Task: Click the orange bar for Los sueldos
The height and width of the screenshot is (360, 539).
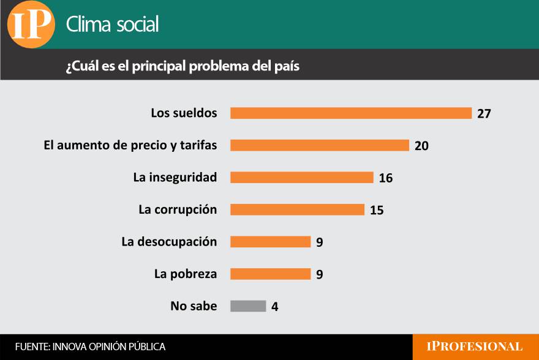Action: point(350,113)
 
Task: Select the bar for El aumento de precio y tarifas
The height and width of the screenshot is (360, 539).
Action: point(319,145)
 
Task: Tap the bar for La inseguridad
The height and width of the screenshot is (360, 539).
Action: point(301,178)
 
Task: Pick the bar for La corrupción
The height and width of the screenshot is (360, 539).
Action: point(297,209)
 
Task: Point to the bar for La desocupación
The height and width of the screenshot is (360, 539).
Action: point(270,241)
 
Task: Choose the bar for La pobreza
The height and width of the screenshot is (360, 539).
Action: point(270,274)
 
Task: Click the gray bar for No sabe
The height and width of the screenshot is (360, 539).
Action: point(248,306)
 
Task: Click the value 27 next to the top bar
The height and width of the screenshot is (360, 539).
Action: point(484,114)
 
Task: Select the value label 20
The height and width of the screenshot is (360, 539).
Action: point(421,146)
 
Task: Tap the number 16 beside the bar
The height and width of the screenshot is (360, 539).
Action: point(385,178)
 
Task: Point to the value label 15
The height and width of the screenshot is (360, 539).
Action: point(377,210)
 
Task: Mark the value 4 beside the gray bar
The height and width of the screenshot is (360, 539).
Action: point(275,307)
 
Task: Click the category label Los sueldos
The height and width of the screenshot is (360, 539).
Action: point(184,113)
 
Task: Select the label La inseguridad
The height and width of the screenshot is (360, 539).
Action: point(175,178)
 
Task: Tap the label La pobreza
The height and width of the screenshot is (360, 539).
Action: point(186,274)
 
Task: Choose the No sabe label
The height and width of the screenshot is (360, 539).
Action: point(194,306)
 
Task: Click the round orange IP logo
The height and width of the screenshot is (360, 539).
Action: point(31,24)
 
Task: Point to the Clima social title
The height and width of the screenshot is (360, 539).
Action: point(112,24)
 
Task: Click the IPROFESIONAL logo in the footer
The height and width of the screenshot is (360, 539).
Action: point(475,347)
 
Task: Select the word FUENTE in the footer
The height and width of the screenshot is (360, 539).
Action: point(32,347)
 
